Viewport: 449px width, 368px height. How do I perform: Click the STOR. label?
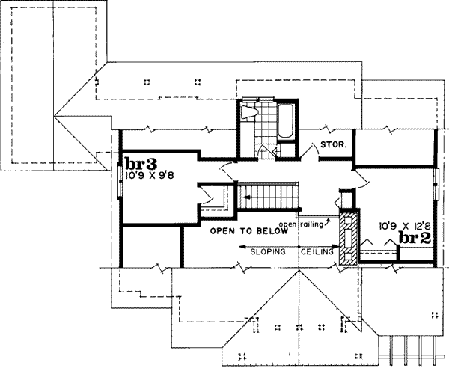tap(333, 145)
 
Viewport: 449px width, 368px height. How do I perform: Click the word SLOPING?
tap(267, 254)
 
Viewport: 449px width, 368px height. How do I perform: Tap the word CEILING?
tap(317, 254)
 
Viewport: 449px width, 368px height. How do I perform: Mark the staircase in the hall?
tap(269, 200)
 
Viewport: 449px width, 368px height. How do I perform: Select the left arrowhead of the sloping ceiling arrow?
tap(242, 246)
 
